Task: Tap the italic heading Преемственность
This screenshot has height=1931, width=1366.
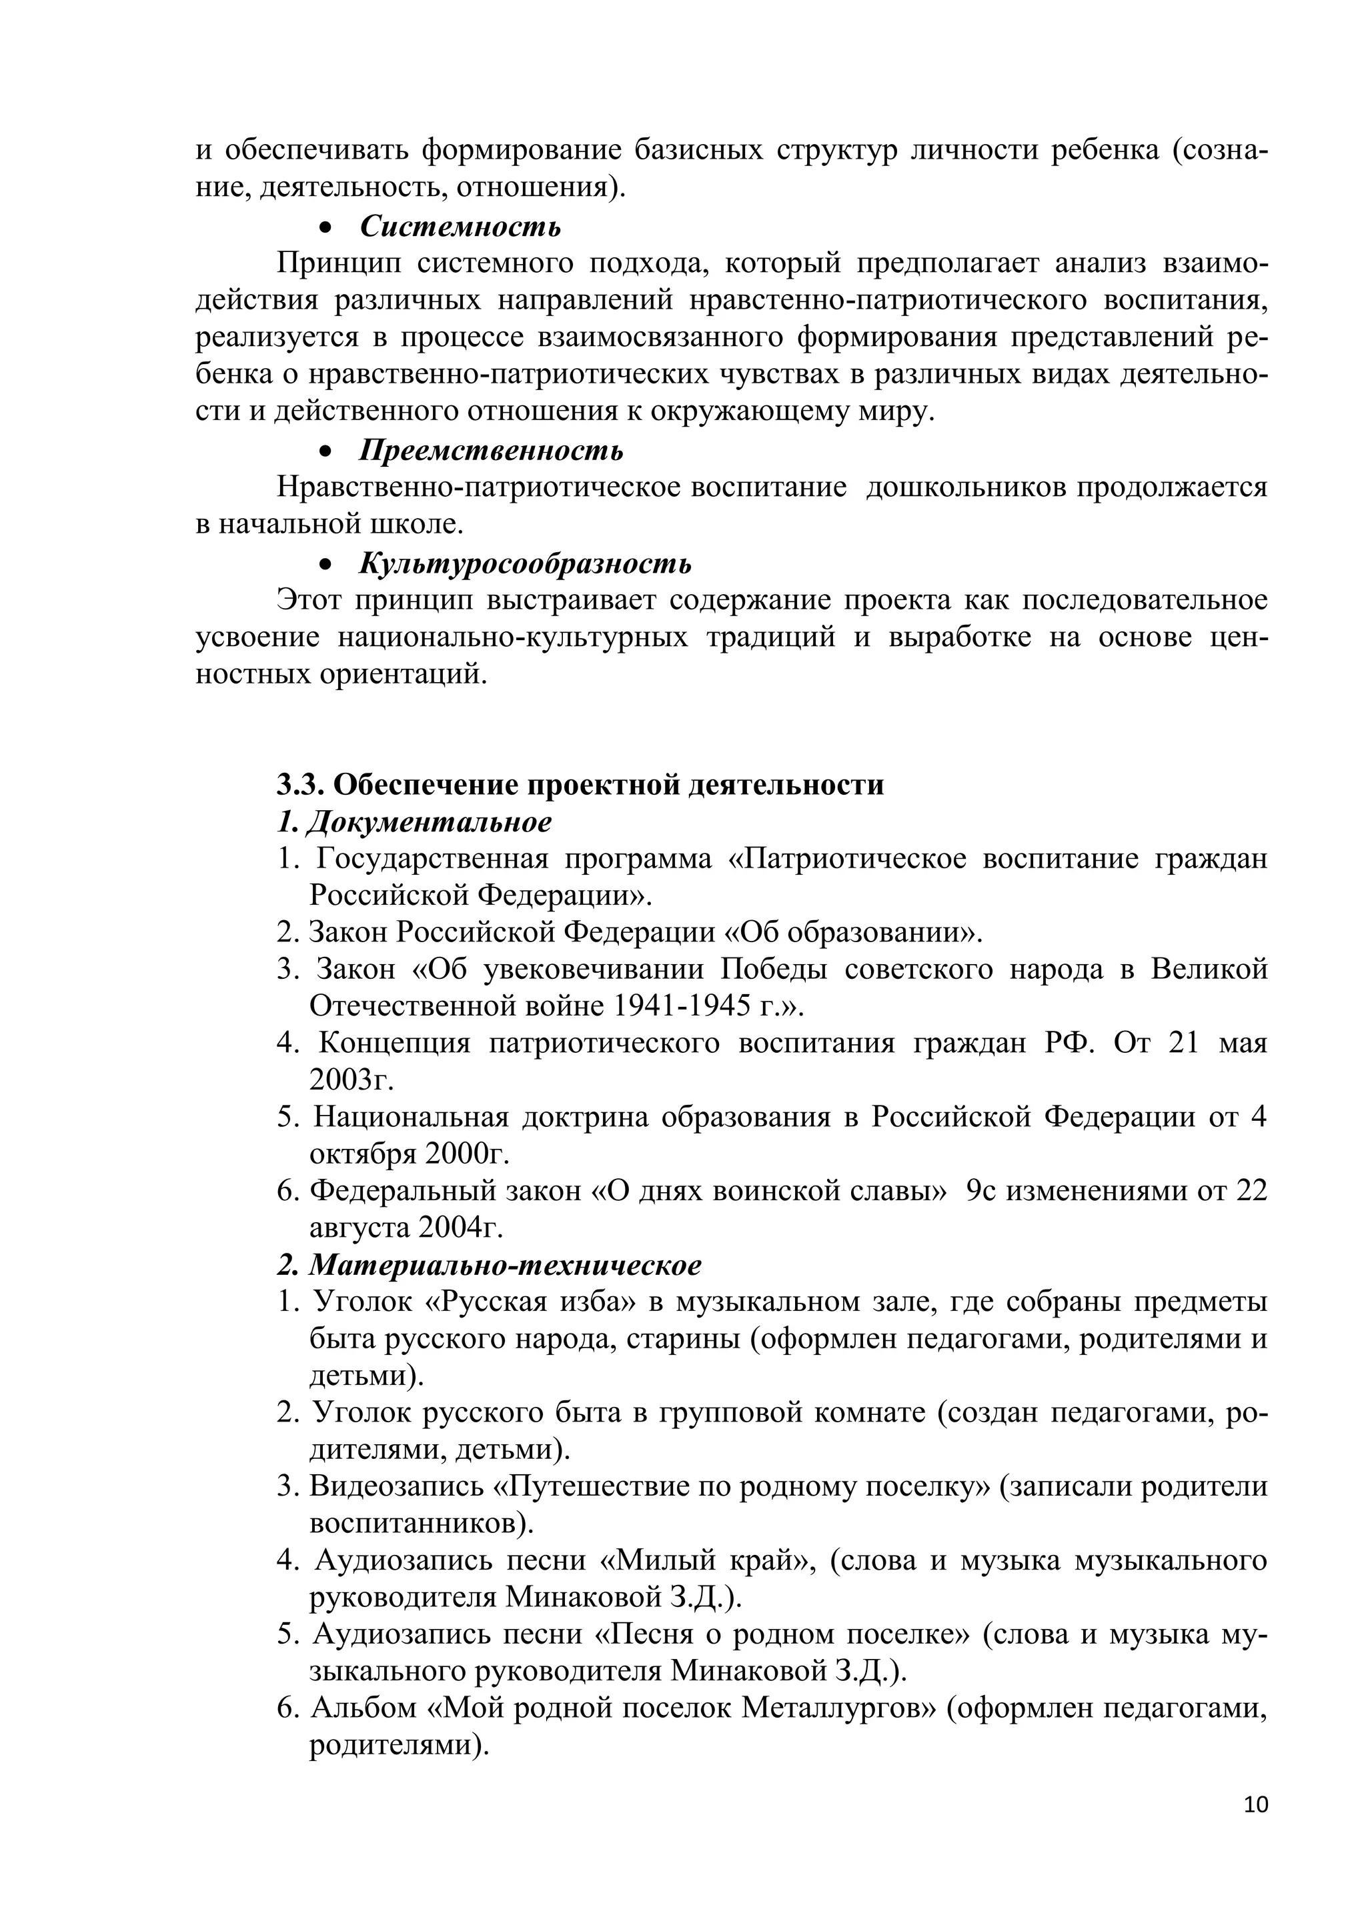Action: click(x=491, y=451)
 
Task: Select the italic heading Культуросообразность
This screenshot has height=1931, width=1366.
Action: click(x=525, y=563)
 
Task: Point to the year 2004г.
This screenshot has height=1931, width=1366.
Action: click(x=460, y=1228)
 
